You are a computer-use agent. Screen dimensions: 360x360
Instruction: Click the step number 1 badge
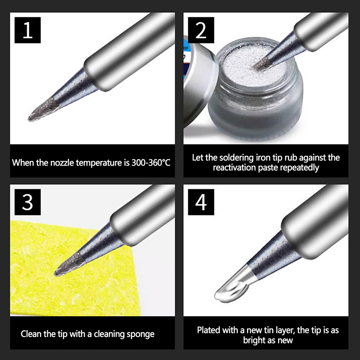click(x=27, y=30)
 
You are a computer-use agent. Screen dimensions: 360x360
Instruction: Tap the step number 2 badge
click(x=201, y=30)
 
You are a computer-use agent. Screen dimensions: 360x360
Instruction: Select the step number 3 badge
click(x=27, y=202)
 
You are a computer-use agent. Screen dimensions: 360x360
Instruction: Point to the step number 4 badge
click(x=201, y=202)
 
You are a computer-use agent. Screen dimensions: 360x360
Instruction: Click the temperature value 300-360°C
click(x=151, y=162)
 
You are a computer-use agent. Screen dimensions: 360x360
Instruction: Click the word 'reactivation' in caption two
click(x=234, y=168)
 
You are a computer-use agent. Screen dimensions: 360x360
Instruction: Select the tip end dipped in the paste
click(x=262, y=64)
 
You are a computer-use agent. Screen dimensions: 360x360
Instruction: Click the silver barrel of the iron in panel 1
click(x=129, y=52)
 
